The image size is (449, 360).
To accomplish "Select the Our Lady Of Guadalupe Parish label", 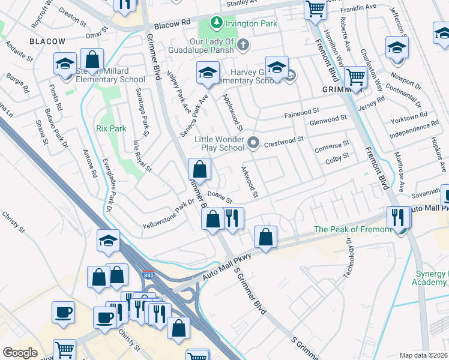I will coord(202,45).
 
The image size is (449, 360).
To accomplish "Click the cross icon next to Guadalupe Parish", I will coord(243,45).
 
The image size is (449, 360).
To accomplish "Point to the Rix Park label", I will coord(111,128).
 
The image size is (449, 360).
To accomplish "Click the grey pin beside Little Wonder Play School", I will coord(254,143).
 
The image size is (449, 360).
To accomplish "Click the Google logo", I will coord(20,352).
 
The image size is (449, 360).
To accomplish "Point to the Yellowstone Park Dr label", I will coord(169,215).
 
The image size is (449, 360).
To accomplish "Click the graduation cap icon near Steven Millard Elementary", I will coord(65,64).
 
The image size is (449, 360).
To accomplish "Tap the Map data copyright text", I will coord(424,355).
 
